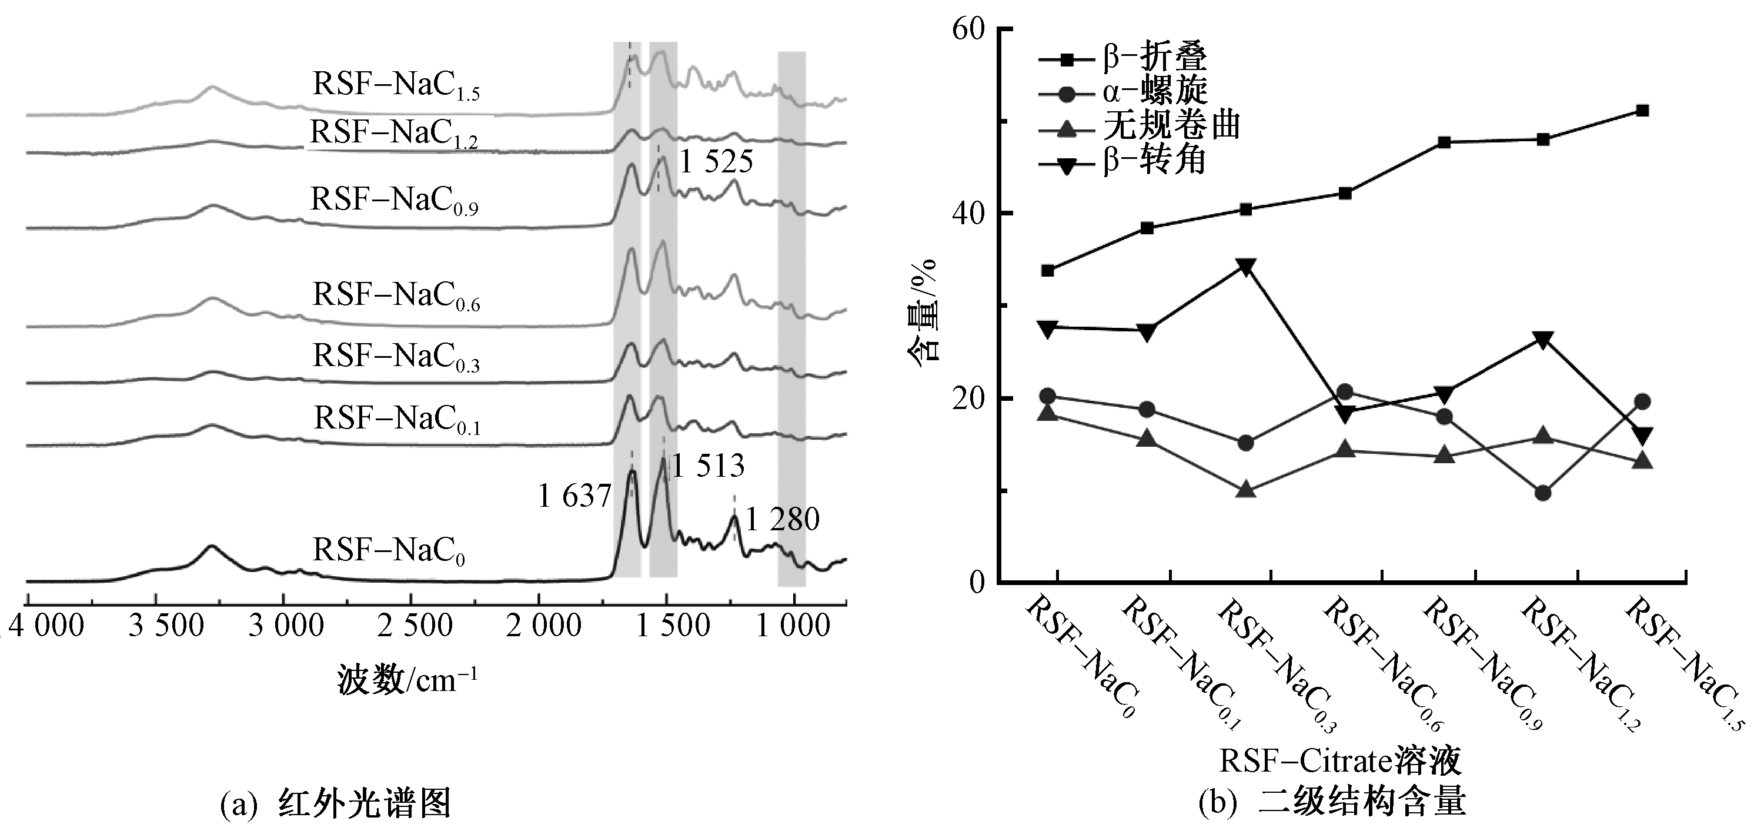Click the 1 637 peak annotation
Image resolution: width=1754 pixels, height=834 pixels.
tap(574, 497)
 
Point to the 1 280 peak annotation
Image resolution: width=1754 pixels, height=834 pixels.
tap(783, 520)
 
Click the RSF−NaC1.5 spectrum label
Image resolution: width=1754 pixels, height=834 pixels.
tap(396, 86)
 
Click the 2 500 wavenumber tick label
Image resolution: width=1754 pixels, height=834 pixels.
tap(415, 626)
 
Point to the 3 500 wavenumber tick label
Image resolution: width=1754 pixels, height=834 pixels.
tap(165, 626)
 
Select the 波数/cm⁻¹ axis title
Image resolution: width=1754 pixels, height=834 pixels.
tap(407, 679)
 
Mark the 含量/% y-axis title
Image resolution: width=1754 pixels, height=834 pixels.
tap(924, 311)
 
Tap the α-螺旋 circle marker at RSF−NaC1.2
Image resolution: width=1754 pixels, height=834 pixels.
tap(1543, 493)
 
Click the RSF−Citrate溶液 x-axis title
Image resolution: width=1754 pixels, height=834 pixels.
tap(1340, 761)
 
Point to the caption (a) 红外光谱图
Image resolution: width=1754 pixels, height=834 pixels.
tap(336, 804)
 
